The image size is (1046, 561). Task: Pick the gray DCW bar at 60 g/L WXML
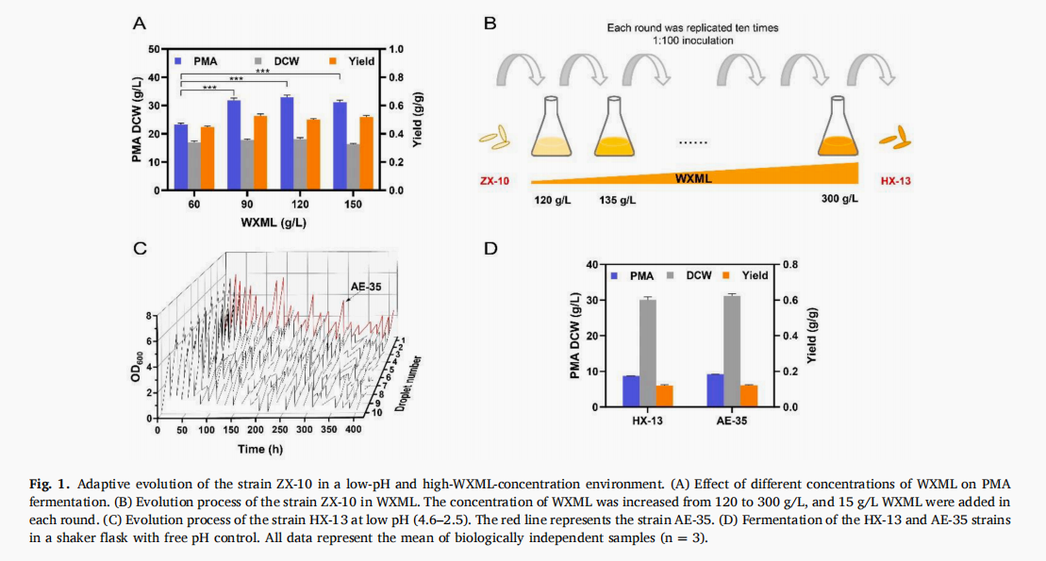194,166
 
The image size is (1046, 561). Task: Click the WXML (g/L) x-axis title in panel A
273,223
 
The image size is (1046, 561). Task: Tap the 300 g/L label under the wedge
841,201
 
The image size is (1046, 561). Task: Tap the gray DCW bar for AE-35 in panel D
732,351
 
